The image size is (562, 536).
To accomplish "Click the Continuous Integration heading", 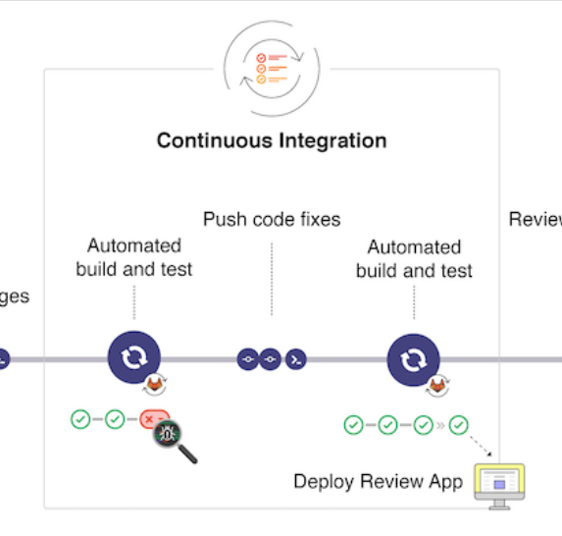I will (x=272, y=140).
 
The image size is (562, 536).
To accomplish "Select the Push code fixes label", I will (x=272, y=219).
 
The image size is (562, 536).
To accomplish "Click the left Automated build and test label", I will (x=134, y=257).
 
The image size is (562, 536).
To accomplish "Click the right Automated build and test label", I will (x=414, y=259).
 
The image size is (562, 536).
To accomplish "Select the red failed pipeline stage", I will (x=152, y=419).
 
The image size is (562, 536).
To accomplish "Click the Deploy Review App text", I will (x=379, y=482).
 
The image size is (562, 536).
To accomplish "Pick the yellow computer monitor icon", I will (x=500, y=484).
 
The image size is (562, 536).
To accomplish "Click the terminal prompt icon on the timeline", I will (x=294, y=360).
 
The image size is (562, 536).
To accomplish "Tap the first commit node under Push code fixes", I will (x=248, y=360).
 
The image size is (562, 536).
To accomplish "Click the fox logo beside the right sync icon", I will (x=435, y=385).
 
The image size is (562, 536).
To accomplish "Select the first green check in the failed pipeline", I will (x=80, y=419).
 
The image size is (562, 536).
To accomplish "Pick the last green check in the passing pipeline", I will (x=458, y=425).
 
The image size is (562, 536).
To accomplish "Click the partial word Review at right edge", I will (x=536, y=219).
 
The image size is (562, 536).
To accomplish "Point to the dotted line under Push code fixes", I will (x=272, y=280).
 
